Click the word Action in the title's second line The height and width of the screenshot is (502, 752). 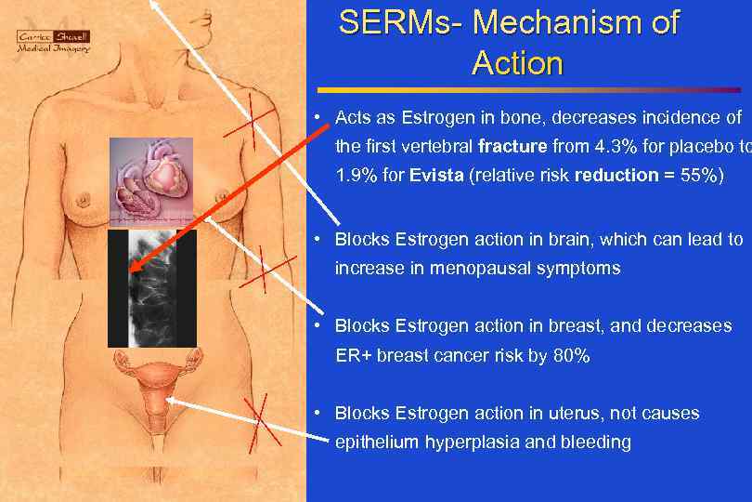(x=517, y=64)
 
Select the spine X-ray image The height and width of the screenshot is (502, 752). (x=152, y=288)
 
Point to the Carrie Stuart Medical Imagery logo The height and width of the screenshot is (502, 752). (x=53, y=41)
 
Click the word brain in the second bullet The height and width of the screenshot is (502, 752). (x=561, y=239)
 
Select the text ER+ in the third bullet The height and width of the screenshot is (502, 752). (x=354, y=355)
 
